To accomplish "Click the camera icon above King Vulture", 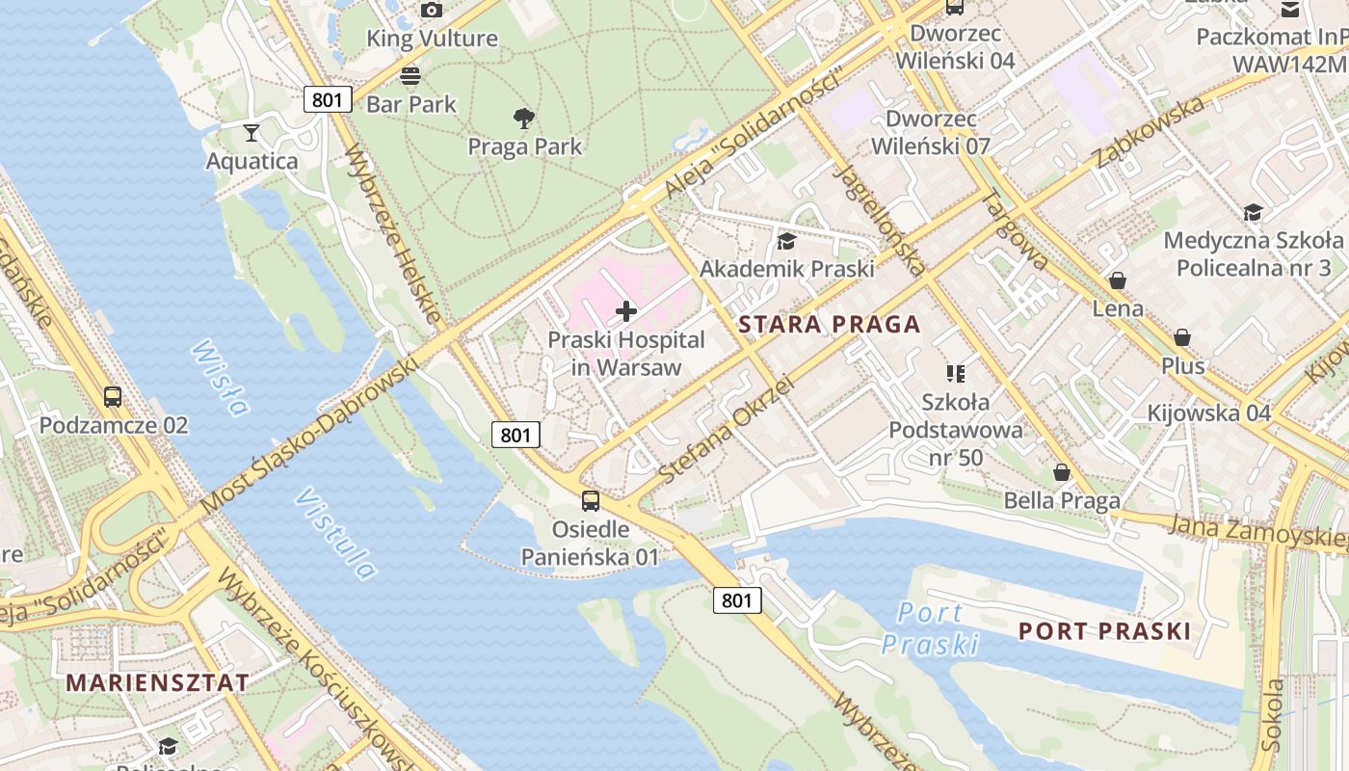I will point(432,11).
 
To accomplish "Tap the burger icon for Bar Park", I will point(410,75).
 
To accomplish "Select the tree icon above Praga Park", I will point(524,119).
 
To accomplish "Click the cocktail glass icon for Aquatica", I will point(251,133).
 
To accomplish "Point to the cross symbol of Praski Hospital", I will point(626,311).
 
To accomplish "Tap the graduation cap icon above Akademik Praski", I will point(787,241).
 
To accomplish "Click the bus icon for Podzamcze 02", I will point(113,396).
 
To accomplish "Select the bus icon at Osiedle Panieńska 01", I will point(590,501).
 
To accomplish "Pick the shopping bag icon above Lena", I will point(1118,280).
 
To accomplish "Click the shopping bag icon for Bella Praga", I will point(1062,472).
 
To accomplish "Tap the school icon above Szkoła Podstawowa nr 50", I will point(956,373).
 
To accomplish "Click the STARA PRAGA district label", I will point(830,325).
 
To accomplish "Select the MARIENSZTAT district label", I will point(157,682).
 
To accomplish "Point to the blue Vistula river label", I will point(335,534).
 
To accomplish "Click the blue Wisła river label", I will point(220,376).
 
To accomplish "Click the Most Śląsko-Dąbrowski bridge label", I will point(310,435).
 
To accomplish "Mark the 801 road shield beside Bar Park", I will point(328,99).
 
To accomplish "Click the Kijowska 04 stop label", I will point(1209,413).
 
